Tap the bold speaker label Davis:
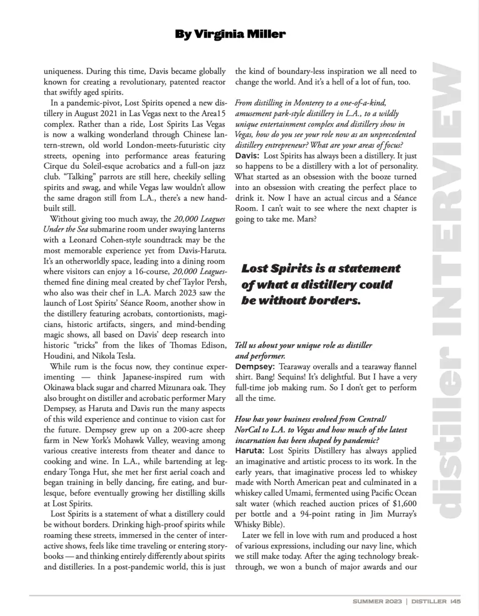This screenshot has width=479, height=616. coord(247,156)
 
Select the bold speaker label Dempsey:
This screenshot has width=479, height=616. coord(255,366)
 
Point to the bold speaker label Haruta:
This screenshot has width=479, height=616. coord(250,451)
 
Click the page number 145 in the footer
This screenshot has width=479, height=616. coord(455,600)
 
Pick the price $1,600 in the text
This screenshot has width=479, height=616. coord(404,503)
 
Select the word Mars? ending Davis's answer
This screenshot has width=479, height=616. coord(307,218)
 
